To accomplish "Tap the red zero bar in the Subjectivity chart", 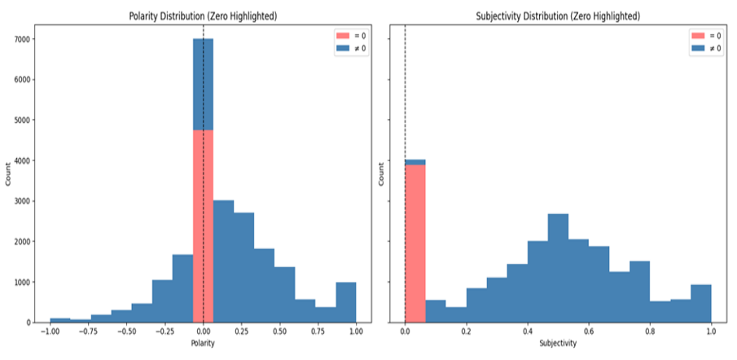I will (415, 244).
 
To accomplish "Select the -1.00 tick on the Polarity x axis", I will (50, 332).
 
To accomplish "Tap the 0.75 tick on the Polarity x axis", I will (318, 332).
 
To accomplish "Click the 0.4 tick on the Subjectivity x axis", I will (527, 332).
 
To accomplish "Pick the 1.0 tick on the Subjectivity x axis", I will (710, 332).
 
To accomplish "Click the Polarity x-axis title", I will (203, 345).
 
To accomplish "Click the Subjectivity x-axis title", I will (557, 345).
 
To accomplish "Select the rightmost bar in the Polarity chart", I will (345, 302).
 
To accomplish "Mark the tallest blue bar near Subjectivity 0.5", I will (557, 268).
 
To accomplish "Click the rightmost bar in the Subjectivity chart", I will (700, 303).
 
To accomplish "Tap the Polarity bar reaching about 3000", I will (223, 261).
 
